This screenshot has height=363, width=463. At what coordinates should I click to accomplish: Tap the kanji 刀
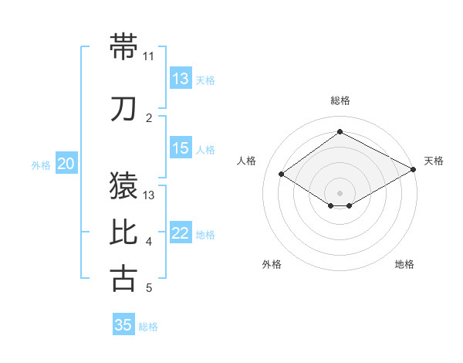click(124, 109)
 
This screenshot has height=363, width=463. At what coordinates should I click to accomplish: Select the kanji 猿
click(124, 185)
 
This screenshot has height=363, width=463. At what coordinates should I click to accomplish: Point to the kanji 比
click(124, 232)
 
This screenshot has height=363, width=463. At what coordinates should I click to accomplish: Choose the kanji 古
click(124, 278)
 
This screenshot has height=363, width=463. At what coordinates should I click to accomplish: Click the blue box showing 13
click(181, 79)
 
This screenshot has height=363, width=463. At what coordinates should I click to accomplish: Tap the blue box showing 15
click(181, 148)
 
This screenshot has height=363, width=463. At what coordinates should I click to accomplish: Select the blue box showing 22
click(181, 234)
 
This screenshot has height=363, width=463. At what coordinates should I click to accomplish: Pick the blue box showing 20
click(66, 164)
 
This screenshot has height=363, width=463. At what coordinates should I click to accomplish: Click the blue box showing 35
click(123, 325)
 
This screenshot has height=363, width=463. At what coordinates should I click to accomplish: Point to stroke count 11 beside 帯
click(148, 56)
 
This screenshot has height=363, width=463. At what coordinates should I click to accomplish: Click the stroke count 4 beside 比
click(149, 242)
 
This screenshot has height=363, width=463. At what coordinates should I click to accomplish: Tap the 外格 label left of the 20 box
click(40, 165)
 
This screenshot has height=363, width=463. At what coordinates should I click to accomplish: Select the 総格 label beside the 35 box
click(148, 327)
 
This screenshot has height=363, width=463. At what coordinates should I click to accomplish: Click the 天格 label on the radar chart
click(434, 161)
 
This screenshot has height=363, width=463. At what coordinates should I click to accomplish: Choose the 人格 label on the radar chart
click(247, 161)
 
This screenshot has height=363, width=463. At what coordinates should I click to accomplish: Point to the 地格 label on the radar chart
click(404, 264)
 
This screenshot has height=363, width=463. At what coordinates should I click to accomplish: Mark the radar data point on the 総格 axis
click(340, 132)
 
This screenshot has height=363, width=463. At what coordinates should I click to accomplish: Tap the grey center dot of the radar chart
click(340, 192)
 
